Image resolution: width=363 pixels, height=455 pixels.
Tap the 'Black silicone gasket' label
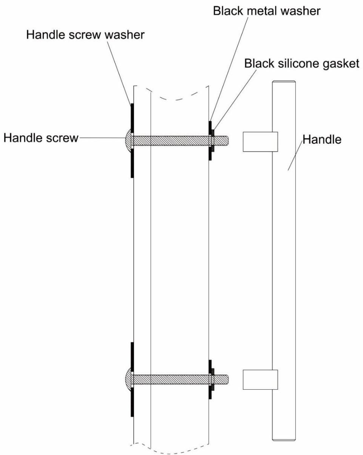click(x=301, y=63)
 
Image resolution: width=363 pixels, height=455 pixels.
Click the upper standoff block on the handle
click(x=260, y=141)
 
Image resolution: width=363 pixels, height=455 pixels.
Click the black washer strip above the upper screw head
click(x=132, y=117)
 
